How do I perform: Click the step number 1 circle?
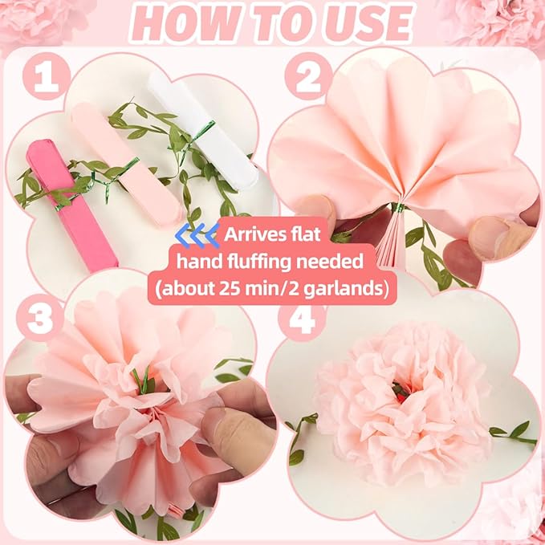(47, 76)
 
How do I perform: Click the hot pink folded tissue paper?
(71, 205)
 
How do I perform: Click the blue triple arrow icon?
(197, 235)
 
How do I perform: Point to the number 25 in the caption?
(229, 288)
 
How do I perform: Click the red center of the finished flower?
(401, 392)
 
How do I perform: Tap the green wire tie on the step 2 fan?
(398, 208)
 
